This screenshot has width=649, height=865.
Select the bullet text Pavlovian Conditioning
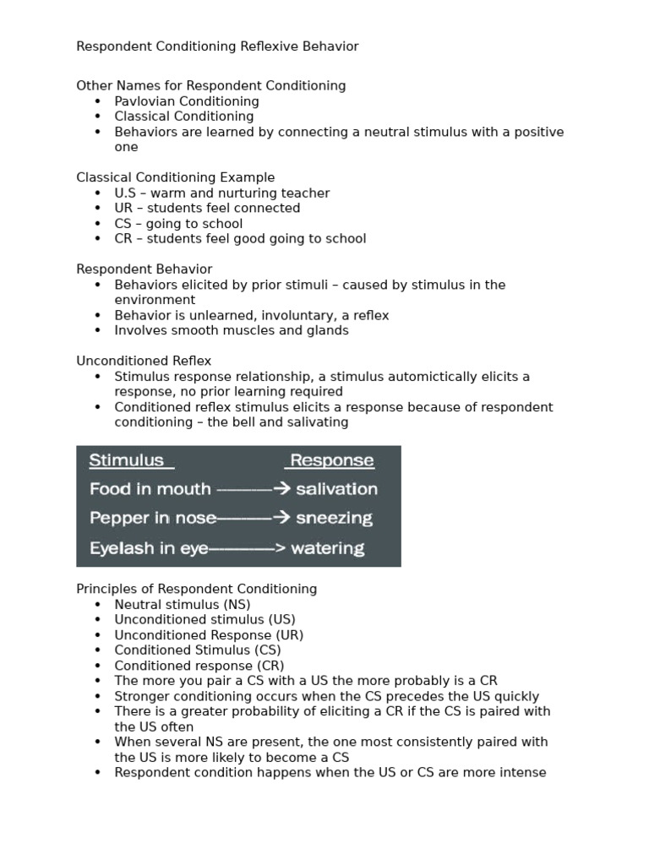coord(187,101)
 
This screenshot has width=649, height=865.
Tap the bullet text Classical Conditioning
coord(184,117)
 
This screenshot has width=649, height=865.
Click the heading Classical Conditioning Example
coord(176,177)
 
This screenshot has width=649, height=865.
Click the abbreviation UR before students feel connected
coord(124,209)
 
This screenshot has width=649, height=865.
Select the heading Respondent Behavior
coord(145,269)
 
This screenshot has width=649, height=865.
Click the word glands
coord(326,331)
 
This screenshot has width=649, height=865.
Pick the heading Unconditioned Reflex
coord(144,362)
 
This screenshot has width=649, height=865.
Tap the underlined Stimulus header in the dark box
coord(127,460)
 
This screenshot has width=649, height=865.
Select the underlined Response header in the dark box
coord(331,460)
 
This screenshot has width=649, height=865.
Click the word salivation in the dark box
coord(336,489)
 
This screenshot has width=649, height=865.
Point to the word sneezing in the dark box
coord(335,519)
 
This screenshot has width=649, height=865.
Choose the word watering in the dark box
coord(328,549)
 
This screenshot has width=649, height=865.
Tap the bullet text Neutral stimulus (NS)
coord(183,605)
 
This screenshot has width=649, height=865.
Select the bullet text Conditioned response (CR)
coord(199,666)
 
